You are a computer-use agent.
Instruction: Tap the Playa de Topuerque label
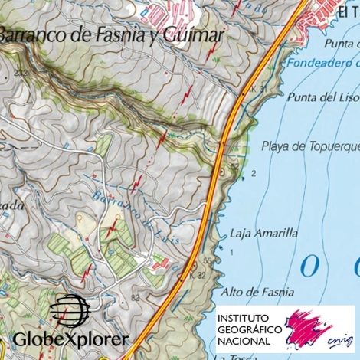[x=310, y=146]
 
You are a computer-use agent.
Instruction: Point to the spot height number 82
[x=134, y=296]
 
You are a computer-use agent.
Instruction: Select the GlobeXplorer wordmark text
[x=70, y=339]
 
